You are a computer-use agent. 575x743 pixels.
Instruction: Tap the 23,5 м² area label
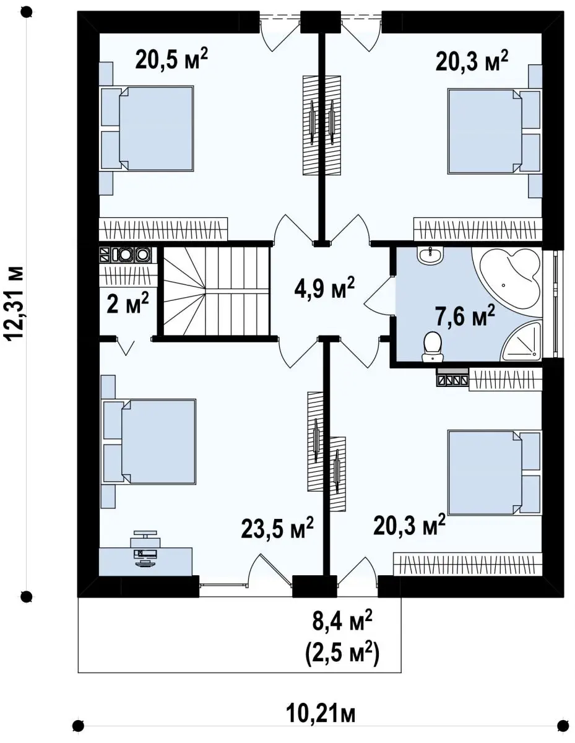[x=277, y=537]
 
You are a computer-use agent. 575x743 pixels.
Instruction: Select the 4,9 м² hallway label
[x=324, y=287]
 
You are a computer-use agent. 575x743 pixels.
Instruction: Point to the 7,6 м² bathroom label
[x=465, y=316]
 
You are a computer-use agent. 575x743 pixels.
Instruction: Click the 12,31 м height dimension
[x=14, y=303]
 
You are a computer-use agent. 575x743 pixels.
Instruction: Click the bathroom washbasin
[x=430, y=256]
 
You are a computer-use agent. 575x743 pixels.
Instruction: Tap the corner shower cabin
[x=522, y=341]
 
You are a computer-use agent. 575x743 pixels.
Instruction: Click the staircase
[x=217, y=292]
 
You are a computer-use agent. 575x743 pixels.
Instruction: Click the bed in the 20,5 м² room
[x=146, y=128]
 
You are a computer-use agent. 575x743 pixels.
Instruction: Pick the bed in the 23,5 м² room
[x=148, y=441]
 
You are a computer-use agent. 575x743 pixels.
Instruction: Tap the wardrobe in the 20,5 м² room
[x=163, y=228]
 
